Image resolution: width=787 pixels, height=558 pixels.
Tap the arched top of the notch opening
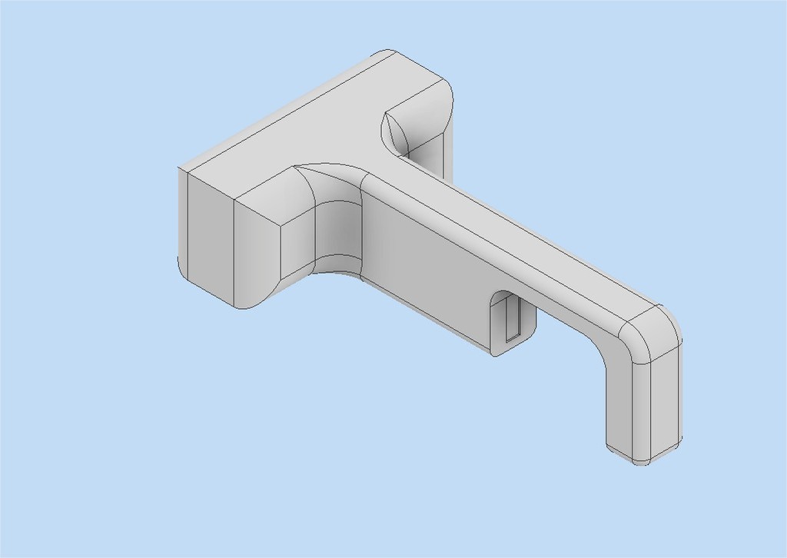503,294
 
